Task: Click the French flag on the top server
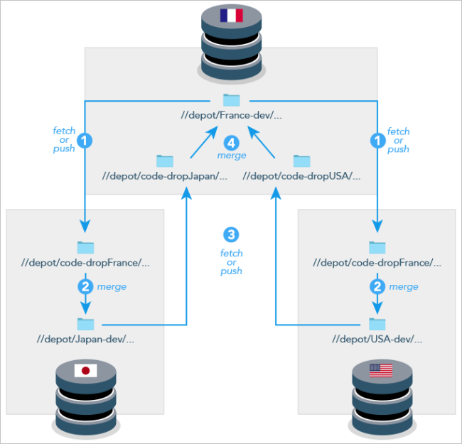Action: (231, 16)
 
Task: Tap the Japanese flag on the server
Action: (85, 370)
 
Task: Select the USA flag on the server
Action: (380, 370)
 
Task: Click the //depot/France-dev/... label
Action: (231, 114)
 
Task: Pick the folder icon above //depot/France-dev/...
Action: (231, 100)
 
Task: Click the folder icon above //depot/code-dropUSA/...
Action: (302, 161)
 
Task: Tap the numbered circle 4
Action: (231, 141)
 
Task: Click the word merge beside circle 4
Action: (232, 155)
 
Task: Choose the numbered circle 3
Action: (231, 234)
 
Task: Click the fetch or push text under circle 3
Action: (231, 261)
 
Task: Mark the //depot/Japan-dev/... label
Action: (85, 339)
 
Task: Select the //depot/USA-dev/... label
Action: (377, 339)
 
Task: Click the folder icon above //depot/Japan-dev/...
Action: (85, 324)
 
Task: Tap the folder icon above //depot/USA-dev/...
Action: (377, 324)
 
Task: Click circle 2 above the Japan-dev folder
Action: (85, 286)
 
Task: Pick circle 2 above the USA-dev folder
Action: (377, 286)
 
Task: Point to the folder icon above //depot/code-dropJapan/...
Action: (165, 161)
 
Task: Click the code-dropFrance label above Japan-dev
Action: (86, 262)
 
